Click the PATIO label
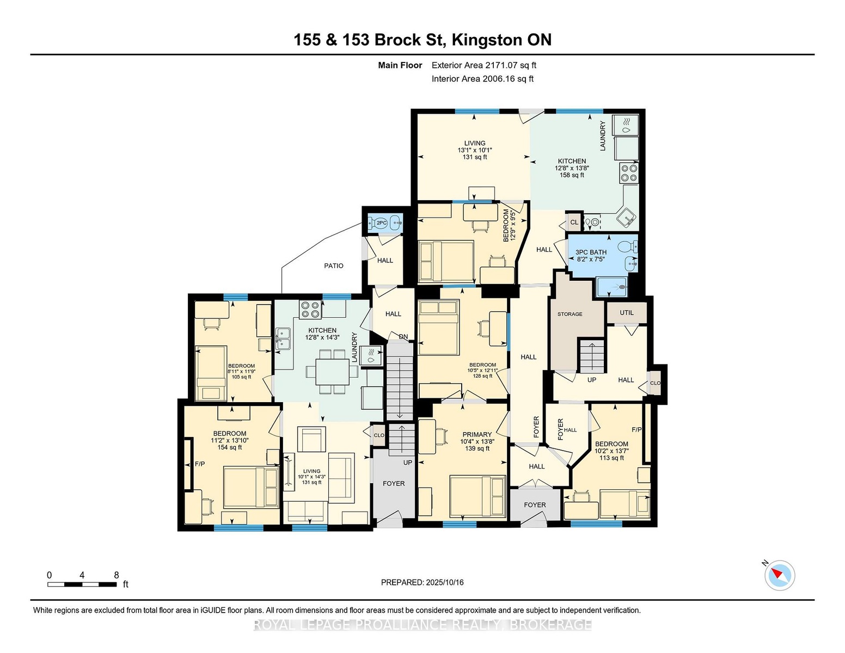tap(334, 266)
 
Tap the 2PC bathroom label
tap(382, 223)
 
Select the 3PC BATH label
tap(591, 252)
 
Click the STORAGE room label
tap(570, 314)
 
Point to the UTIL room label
tap(627, 312)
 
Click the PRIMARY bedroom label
tap(477, 434)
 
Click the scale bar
tap(82, 584)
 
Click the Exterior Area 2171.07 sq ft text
tap(483, 65)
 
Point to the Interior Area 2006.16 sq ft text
tap(482, 79)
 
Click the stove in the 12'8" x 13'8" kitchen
tap(629, 173)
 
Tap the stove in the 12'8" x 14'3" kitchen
tap(310, 310)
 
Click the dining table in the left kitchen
tap(332, 372)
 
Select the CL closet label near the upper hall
tap(574, 223)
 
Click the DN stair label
tap(403, 337)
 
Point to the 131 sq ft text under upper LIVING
tap(474, 157)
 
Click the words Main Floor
tap(400, 65)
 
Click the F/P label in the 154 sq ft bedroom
tap(199, 464)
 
